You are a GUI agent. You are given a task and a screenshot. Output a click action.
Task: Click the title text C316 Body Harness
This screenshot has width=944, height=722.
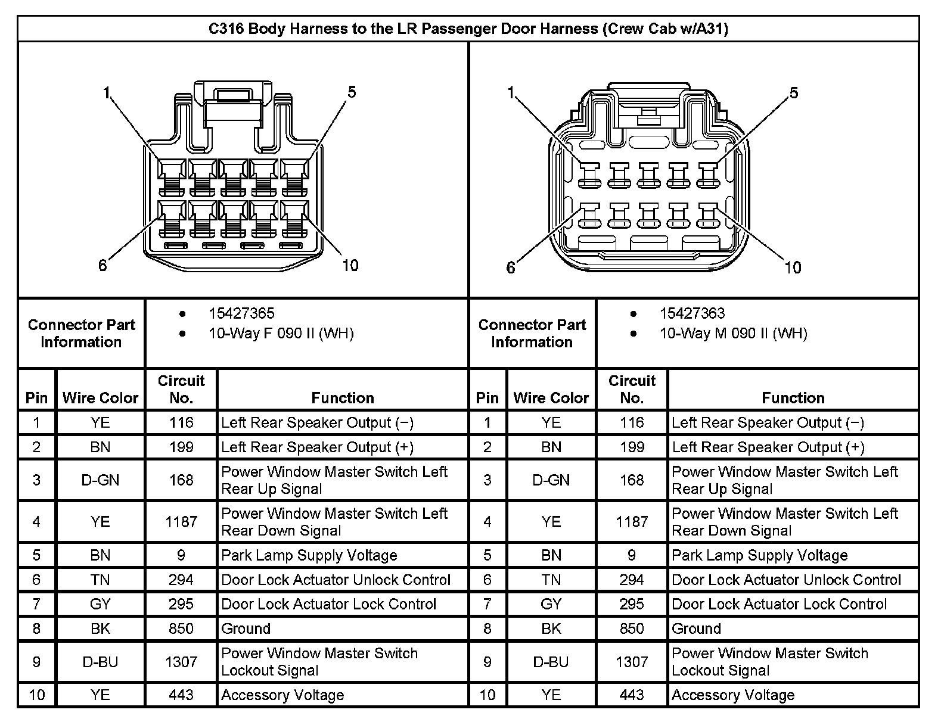coord(468,29)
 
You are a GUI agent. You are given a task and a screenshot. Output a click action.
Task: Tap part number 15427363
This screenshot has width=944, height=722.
coord(692,313)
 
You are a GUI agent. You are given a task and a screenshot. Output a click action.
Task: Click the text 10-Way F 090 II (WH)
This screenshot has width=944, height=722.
coord(281,333)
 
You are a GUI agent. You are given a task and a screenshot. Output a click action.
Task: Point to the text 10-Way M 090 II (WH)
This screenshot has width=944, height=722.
coord(733,333)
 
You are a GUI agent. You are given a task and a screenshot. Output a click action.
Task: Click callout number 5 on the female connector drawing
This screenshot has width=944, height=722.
coord(352,92)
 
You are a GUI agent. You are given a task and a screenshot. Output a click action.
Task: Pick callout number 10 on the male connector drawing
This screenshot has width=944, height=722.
coord(792,267)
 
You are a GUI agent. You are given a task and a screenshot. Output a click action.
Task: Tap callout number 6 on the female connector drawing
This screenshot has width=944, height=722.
coord(103,265)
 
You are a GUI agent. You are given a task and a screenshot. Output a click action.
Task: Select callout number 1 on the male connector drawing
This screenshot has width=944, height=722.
coord(511,92)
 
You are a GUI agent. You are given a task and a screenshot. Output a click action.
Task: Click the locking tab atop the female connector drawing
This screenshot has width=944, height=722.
coord(233,104)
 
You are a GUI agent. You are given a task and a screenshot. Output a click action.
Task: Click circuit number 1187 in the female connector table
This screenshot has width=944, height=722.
coord(181,522)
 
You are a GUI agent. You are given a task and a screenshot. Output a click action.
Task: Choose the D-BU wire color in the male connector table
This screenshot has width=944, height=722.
coord(551,662)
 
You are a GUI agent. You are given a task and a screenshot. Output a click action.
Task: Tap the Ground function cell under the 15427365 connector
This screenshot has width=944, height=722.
coord(246,628)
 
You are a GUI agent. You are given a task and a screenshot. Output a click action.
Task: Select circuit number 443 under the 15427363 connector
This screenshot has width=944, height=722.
coord(632,695)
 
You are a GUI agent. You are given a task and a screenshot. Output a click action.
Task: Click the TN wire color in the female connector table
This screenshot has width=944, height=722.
coord(100,580)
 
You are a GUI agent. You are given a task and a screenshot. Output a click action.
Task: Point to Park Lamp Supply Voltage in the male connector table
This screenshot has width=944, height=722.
coord(760,555)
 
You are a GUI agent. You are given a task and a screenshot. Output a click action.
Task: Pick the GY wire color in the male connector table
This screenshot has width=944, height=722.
coord(551,604)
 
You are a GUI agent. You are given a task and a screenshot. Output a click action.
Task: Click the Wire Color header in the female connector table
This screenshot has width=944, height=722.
coord(100,397)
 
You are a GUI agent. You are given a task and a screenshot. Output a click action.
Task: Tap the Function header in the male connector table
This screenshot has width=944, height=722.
coord(793,397)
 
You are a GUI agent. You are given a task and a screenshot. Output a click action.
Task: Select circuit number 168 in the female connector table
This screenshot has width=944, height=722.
coord(181,480)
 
